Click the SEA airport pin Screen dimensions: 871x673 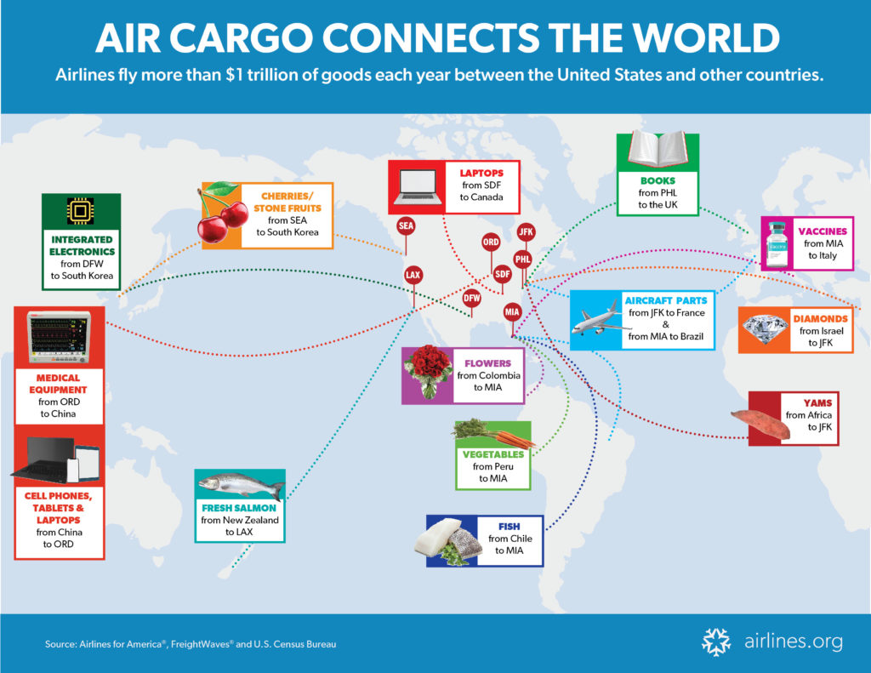point(406,226)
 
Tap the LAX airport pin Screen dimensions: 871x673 point(413,275)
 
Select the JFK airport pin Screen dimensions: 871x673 point(526,232)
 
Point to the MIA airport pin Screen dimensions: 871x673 point(512,312)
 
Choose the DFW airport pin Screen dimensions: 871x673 point(471,299)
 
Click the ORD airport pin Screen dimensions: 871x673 point(491,242)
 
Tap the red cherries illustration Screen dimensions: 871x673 point(222,213)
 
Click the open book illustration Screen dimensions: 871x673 point(658,148)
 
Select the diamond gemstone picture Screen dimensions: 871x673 point(766,329)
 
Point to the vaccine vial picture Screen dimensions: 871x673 point(777,244)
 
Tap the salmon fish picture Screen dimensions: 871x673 point(241,486)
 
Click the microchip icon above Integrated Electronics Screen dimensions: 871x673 point(81,211)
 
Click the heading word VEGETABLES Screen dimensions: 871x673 point(493,454)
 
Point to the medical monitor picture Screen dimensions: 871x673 point(59,338)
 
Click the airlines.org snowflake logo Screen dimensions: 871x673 point(716,642)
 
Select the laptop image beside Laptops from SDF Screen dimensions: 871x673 point(418,187)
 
